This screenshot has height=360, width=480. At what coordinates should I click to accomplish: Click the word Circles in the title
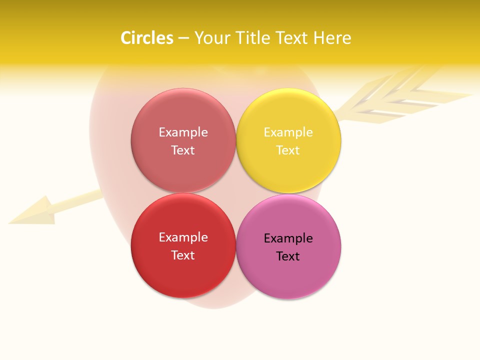[x=147, y=38]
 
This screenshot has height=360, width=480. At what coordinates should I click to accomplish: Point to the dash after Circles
[x=183, y=38]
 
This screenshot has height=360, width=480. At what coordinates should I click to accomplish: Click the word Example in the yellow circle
[x=288, y=132]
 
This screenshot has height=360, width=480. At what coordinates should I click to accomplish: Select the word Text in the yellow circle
[x=288, y=150]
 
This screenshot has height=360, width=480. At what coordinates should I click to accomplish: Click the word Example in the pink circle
[x=288, y=238]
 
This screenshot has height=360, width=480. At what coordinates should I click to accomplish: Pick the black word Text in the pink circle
[x=288, y=256]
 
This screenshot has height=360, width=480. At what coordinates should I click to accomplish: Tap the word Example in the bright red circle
[x=183, y=237]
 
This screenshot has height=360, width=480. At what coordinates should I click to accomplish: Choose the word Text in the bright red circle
[x=183, y=255]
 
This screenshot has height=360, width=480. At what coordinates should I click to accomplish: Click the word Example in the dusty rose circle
[x=183, y=132]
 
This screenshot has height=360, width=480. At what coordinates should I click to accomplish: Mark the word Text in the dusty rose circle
[x=183, y=150]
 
